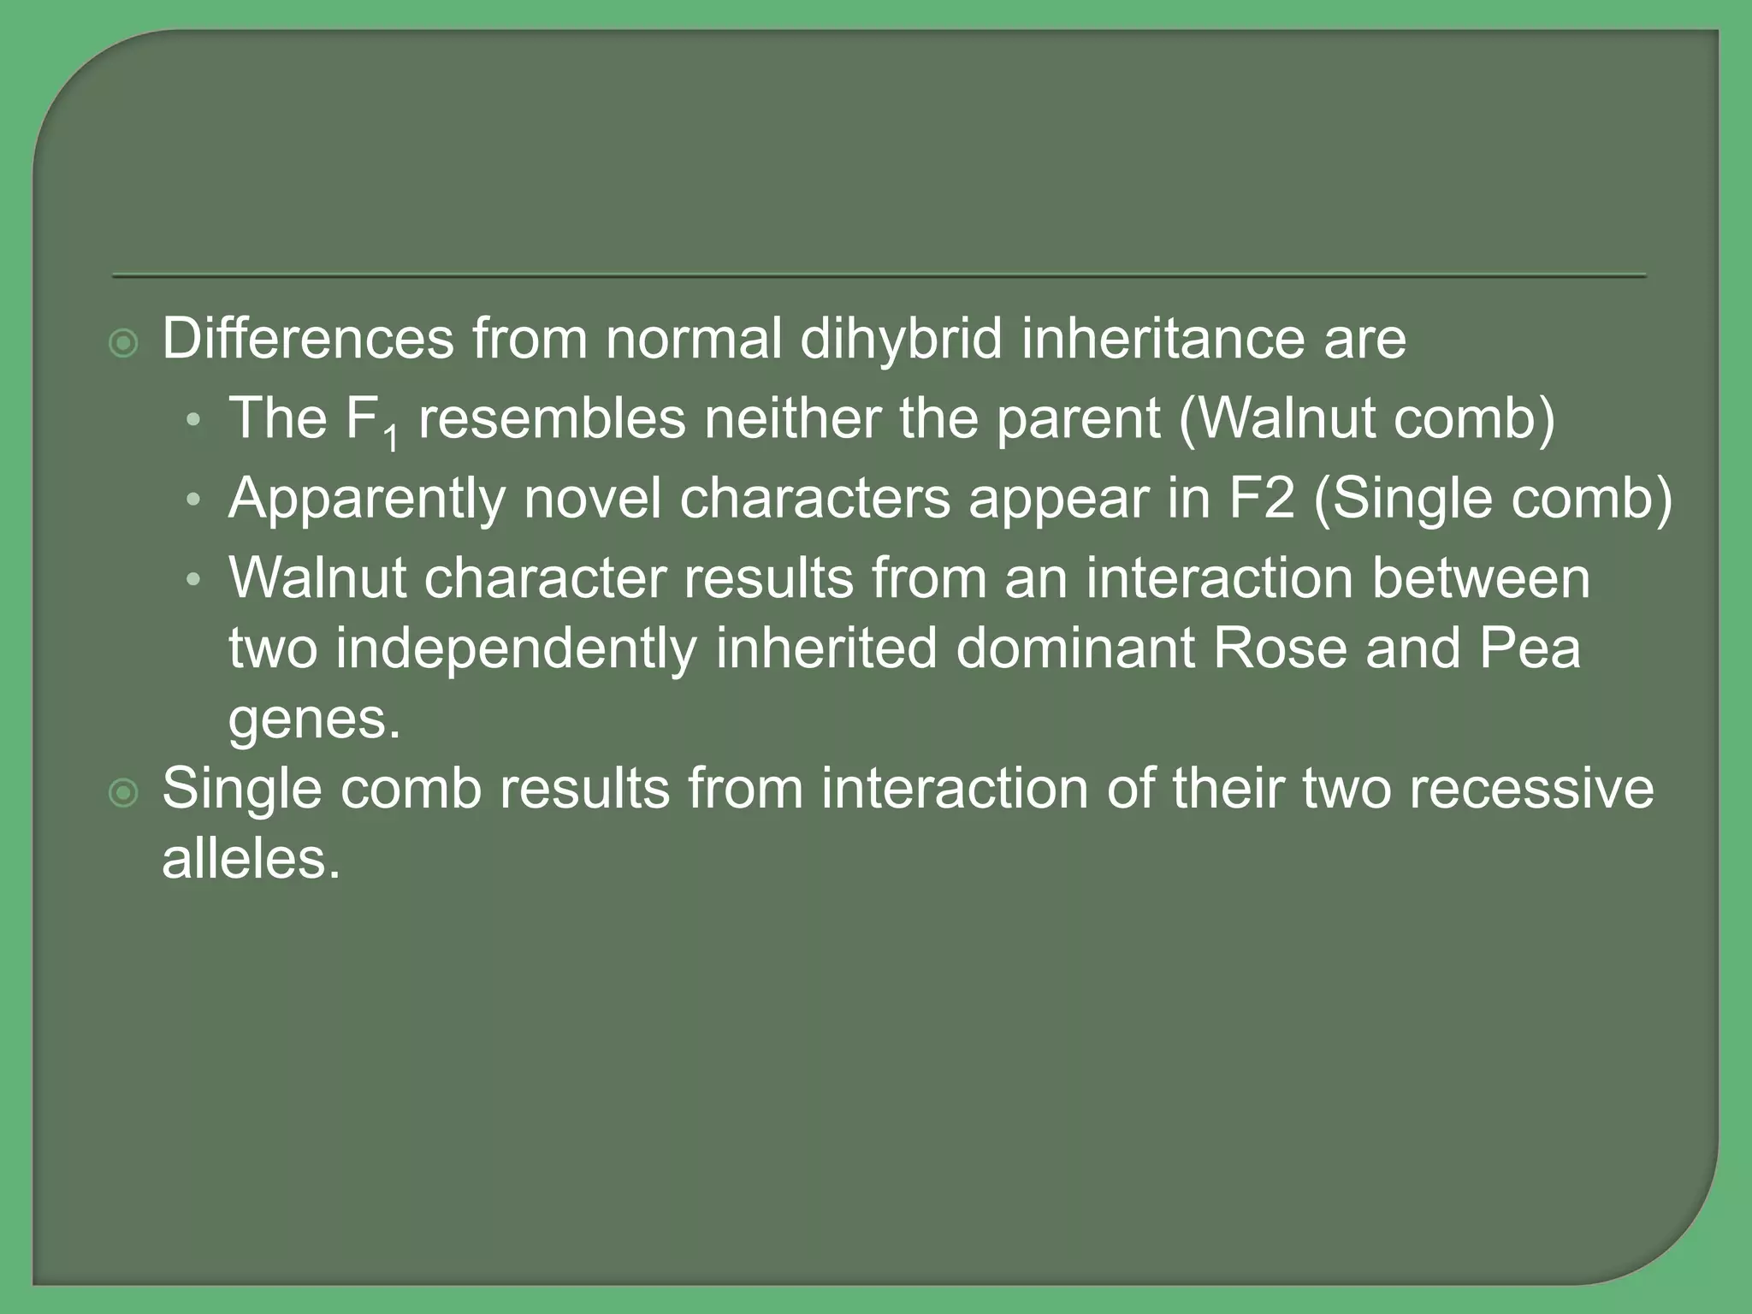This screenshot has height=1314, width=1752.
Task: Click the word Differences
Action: [x=308, y=339]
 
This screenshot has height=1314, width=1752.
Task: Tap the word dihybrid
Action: [x=901, y=339]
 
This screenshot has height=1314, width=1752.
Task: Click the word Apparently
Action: [x=366, y=500]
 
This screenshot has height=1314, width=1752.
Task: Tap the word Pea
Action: [x=1530, y=648]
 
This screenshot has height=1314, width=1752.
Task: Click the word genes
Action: [x=314, y=720]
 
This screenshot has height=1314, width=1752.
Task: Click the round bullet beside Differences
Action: [x=125, y=344]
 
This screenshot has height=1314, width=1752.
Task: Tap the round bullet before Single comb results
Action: [x=125, y=794]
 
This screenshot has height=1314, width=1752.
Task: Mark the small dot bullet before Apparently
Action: [x=194, y=500]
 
